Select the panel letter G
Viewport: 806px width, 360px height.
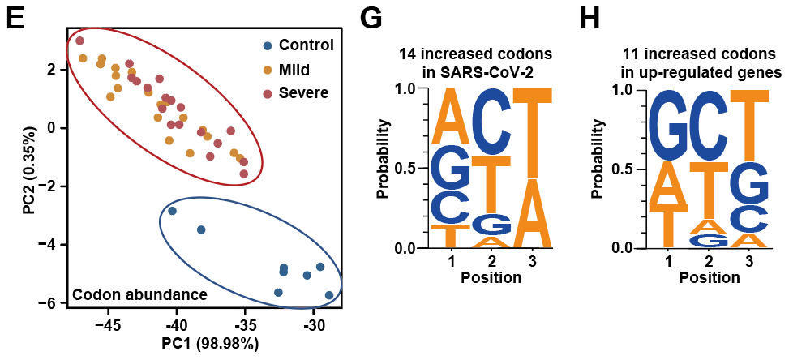[371, 19]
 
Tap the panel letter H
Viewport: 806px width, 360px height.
[589, 19]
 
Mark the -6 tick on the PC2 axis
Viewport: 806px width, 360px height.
[50, 302]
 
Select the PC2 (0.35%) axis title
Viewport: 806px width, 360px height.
[29, 169]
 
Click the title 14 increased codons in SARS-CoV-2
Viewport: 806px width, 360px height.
[475, 63]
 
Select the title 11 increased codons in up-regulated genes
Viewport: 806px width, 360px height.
[698, 63]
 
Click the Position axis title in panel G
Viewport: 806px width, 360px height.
[491, 277]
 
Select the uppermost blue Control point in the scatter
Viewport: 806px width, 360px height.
[172, 211]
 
